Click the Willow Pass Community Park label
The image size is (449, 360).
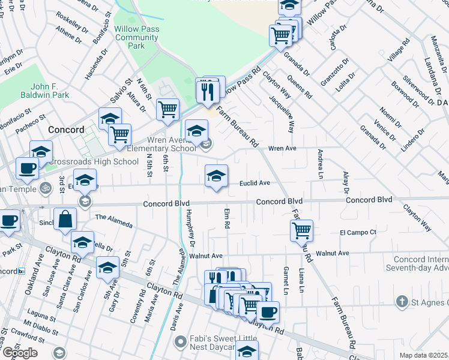(137, 37)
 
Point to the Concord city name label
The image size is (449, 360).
(65, 130)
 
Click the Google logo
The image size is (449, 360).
(19, 352)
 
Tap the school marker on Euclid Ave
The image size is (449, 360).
(216, 176)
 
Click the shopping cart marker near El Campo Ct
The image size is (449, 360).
(301, 230)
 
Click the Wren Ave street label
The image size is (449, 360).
(282, 148)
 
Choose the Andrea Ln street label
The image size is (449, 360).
(320, 163)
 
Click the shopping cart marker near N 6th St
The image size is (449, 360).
(167, 110)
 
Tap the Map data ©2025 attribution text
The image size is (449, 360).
(423, 355)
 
